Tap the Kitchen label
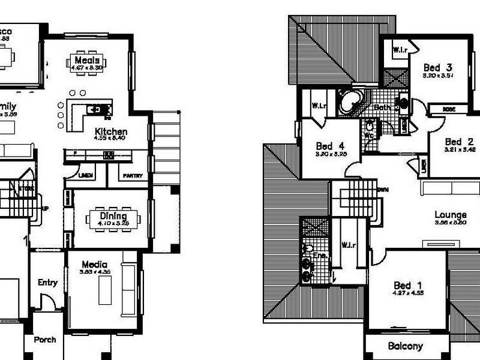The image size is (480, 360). click(x=110, y=131)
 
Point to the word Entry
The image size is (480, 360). click(x=47, y=283)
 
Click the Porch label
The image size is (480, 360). click(x=44, y=340)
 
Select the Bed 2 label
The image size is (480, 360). click(x=459, y=142)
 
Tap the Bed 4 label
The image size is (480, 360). click(x=331, y=146)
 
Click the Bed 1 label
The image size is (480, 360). click(x=408, y=285)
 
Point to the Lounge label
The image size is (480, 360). click(x=451, y=215)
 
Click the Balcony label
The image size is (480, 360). click(x=405, y=346)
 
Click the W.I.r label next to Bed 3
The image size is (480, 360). click(x=400, y=49)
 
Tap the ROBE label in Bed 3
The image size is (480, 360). click(x=448, y=109)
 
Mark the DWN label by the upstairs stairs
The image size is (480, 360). click(x=382, y=190)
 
